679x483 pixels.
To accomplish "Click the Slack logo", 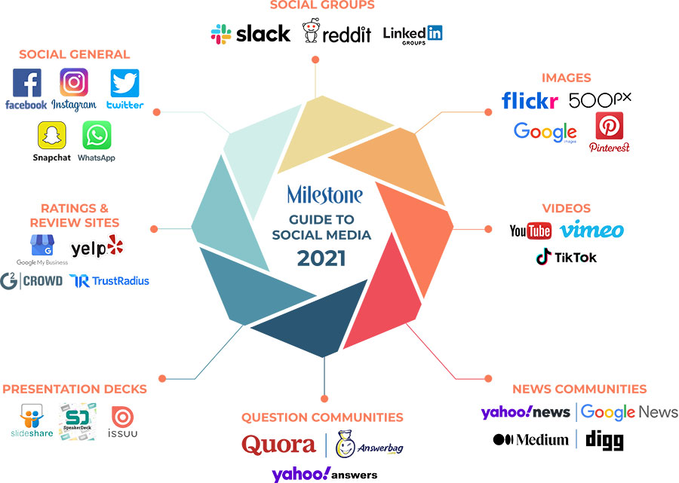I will [250, 33].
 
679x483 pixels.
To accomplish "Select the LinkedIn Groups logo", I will [413, 35].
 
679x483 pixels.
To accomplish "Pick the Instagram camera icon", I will [74, 82].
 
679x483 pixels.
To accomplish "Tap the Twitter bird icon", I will [124, 83].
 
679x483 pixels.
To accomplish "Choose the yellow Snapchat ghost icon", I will [52, 136].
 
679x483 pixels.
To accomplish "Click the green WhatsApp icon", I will [97, 136].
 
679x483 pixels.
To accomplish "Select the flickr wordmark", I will [530, 100].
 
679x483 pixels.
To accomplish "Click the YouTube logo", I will [530, 231].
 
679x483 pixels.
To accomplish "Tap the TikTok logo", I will [566, 257].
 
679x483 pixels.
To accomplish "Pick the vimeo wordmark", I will [592, 231].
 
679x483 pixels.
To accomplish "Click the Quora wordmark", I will [278, 445].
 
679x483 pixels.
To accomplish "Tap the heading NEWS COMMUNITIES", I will [579, 390].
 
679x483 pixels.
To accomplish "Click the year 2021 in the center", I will [321, 258].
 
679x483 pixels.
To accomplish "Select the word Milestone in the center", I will [324, 196].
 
